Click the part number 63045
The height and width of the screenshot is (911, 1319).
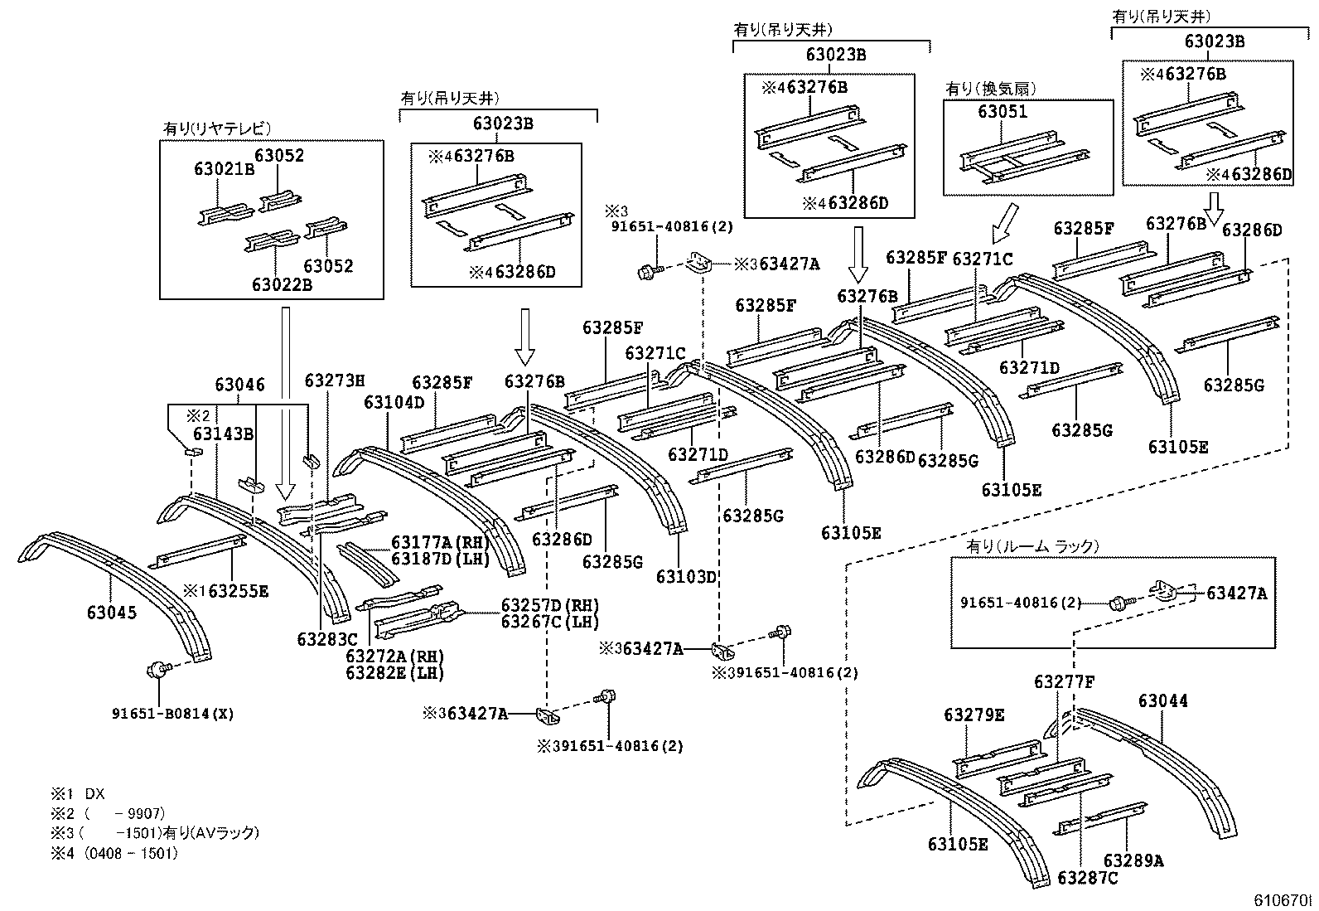[x=111, y=613]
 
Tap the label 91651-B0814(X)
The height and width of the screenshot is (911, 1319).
[x=172, y=713]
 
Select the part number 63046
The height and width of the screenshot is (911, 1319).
[x=239, y=385]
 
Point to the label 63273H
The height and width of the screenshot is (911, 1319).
[x=334, y=380]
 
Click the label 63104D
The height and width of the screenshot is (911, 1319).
[x=394, y=402]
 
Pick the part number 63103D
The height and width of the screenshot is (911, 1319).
[x=685, y=576]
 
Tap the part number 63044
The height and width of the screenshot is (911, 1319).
[x=1162, y=701]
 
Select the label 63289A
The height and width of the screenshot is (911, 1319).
[x=1133, y=860]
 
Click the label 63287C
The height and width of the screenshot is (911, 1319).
[x=1088, y=878]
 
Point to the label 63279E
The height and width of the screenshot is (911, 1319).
[x=974, y=715]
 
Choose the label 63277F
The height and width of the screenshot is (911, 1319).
[x=1064, y=682]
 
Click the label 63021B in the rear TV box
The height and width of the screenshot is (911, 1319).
[x=224, y=169]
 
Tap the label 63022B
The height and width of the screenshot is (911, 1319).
[x=282, y=284]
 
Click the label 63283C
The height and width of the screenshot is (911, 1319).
[x=326, y=639]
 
